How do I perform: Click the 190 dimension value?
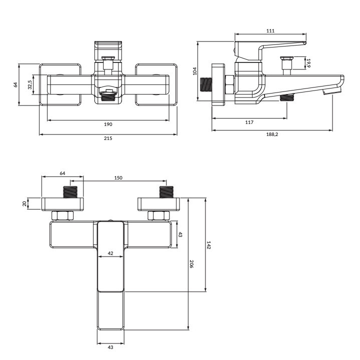[108, 124]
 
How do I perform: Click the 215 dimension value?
[108, 138]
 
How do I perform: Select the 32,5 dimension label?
[30, 84]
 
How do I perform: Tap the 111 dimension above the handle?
[270, 31]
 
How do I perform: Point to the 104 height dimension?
[195, 71]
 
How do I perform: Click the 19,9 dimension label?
[308, 63]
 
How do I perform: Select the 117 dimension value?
[249, 122]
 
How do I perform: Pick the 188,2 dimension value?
[272, 134]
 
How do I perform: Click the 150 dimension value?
[118, 177]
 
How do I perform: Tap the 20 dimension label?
[24, 203]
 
